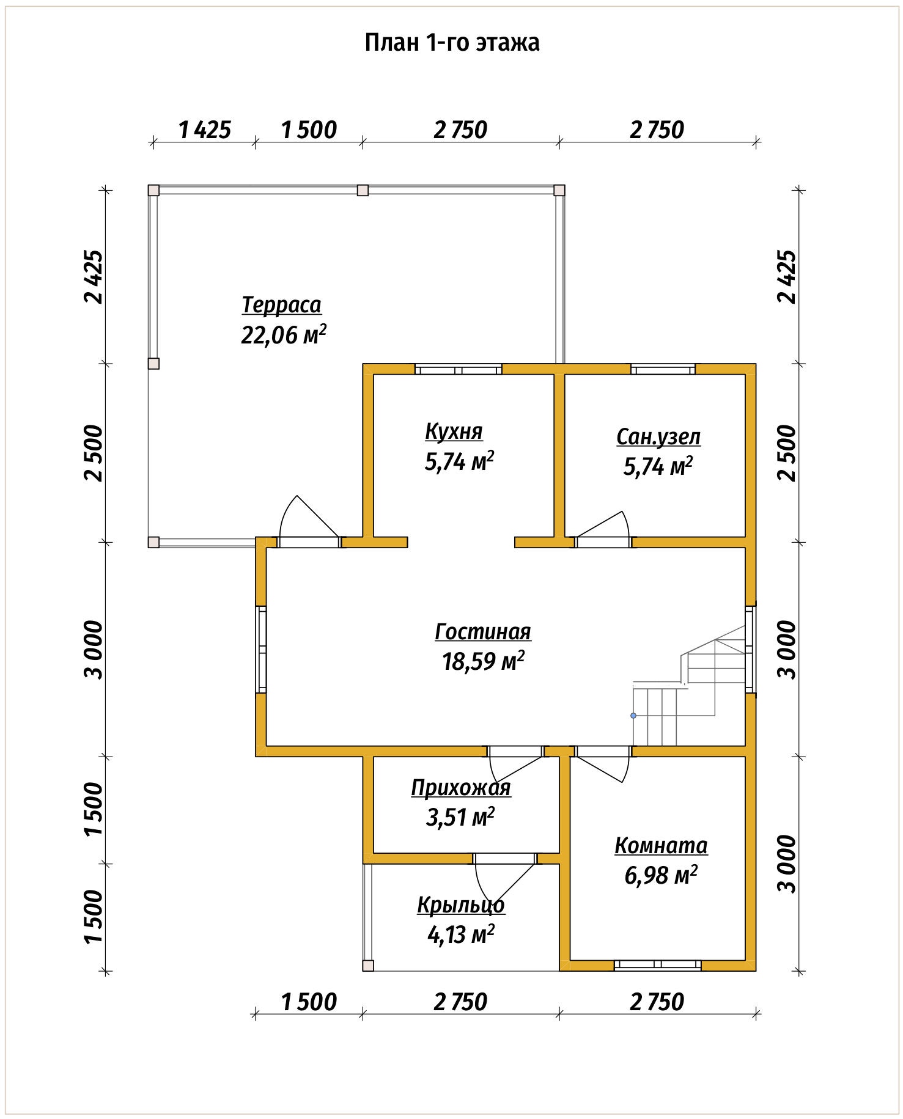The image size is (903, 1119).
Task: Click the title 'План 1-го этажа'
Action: [x=452, y=43]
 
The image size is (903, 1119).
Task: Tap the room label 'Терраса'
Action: [x=281, y=304]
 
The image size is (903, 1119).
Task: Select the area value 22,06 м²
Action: [x=284, y=334]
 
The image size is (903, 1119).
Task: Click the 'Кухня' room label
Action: [x=454, y=431]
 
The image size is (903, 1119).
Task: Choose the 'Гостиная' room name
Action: [x=483, y=631]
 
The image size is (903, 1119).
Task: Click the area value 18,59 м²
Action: [x=483, y=661]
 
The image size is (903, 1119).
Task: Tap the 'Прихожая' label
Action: [x=460, y=788]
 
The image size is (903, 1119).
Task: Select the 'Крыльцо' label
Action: [x=461, y=904]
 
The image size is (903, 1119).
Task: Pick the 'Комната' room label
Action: [x=661, y=846]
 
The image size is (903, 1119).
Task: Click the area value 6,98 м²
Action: [x=661, y=876]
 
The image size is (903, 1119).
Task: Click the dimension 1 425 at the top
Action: [x=204, y=130]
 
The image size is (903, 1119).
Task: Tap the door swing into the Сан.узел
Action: [x=603, y=525]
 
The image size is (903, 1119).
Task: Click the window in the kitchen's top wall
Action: [x=459, y=369]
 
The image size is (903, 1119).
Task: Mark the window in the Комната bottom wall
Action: [x=657, y=965]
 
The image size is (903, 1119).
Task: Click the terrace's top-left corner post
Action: [x=153, y=190]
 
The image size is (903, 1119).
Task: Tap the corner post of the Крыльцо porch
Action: [x=368, y=965]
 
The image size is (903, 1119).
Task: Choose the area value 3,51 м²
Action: [x=460, y=817]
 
